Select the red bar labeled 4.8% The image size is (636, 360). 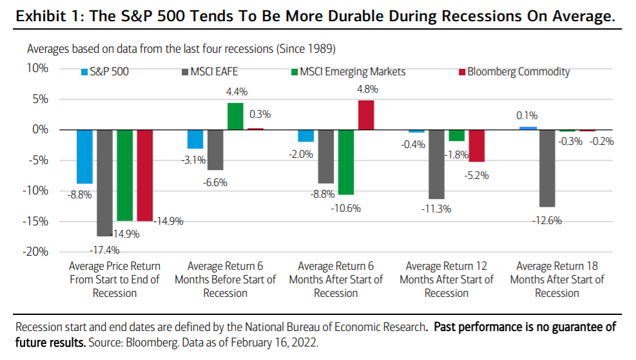pos(366,115)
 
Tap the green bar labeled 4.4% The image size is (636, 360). pos(235,116)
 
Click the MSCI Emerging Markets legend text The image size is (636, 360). pos(352,71)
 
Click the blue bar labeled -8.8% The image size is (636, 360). pos(84,156)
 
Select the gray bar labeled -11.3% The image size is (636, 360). pos(436,164)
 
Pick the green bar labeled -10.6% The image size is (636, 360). pos(347,162)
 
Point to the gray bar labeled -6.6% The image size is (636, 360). pos(215,149)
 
